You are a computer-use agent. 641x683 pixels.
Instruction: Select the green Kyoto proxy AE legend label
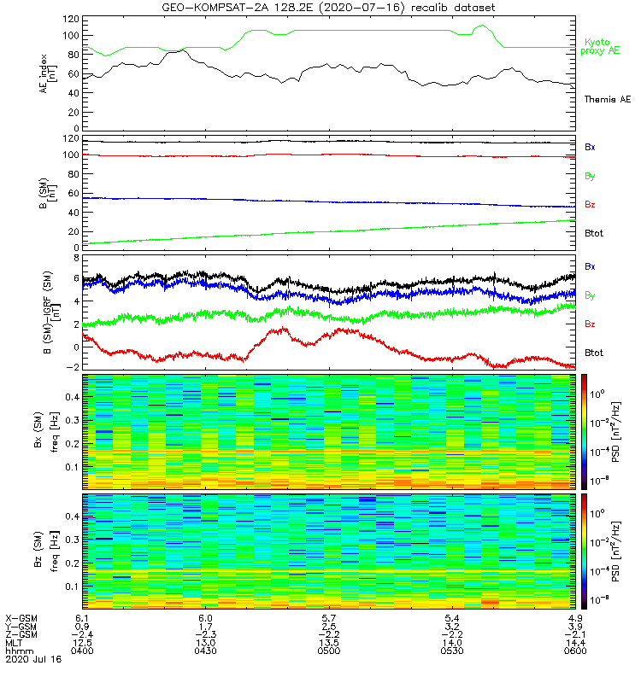coord(603,46)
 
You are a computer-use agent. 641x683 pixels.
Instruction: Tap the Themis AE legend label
coord(606,100)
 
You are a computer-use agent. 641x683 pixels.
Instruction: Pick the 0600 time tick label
coord(573,650)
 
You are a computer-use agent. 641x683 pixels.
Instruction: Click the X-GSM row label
coord(21,617)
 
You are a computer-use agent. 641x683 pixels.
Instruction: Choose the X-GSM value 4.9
coord(573,617)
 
